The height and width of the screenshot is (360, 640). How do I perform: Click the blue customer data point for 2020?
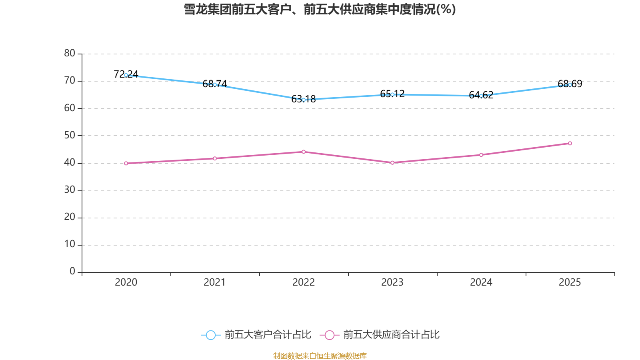(126, 75)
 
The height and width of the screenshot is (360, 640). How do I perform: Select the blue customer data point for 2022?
(304, 100)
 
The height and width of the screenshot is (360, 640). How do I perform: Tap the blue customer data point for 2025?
(570, 85)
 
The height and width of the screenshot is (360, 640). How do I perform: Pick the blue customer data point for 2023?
(392, 94)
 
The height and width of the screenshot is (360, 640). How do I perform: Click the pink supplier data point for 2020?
(126, 163)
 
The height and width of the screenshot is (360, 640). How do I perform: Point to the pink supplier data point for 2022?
(304, 152)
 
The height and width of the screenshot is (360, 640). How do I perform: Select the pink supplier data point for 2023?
(392, 163)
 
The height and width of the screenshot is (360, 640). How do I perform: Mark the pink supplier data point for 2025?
(570, 143)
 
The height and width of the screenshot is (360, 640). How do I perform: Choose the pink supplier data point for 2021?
(215, 158)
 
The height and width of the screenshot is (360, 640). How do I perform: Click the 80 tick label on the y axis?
(70, 53)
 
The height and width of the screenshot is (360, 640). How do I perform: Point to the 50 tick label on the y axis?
(70, 135)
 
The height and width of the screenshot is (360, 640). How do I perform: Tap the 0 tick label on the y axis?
(72, 271)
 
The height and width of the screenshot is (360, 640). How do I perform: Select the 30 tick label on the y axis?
(70, 190)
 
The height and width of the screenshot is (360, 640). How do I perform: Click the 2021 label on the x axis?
(215, 282)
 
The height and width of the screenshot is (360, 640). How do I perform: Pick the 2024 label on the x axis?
(481, 282)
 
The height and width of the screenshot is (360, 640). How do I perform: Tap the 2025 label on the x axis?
(570, 282)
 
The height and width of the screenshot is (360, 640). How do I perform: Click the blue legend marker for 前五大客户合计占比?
(210, 335)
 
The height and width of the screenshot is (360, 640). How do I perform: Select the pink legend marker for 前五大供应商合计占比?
(330, 335)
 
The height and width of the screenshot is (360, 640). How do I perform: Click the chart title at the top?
(320, 9)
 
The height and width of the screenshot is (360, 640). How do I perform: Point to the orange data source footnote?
(320, 356)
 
